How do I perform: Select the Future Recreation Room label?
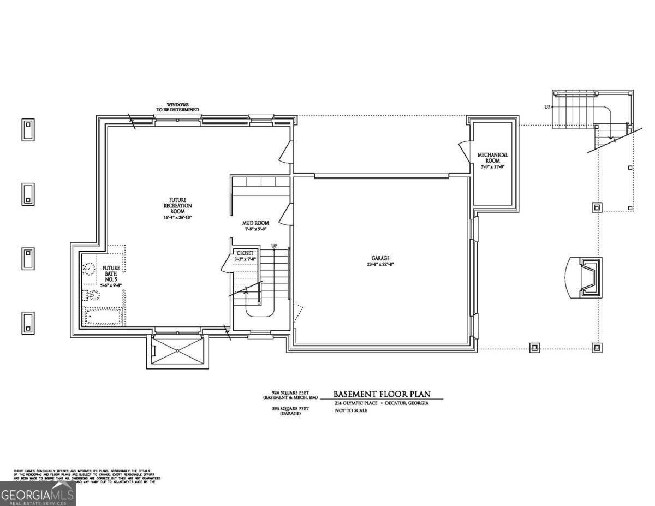[x=178, y=205]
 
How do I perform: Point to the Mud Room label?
[x=255, y=223]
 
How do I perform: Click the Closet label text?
[x=245, y=253]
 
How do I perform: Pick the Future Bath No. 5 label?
[x=111, y=272]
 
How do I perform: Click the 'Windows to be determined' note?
[x=177, y=107]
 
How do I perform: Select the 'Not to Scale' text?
[x=351, y=410]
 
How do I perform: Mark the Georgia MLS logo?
[x=37, y=494]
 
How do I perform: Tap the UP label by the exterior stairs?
[x=547, y=107]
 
